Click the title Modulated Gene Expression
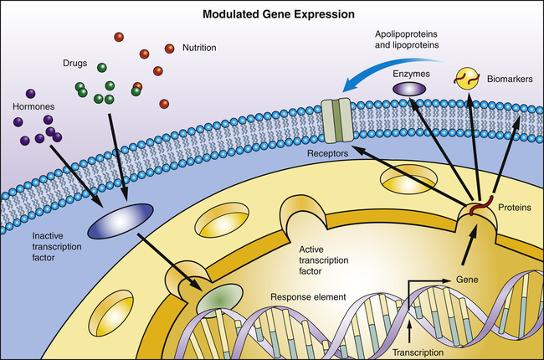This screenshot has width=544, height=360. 271,14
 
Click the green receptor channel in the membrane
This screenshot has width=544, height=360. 336,118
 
